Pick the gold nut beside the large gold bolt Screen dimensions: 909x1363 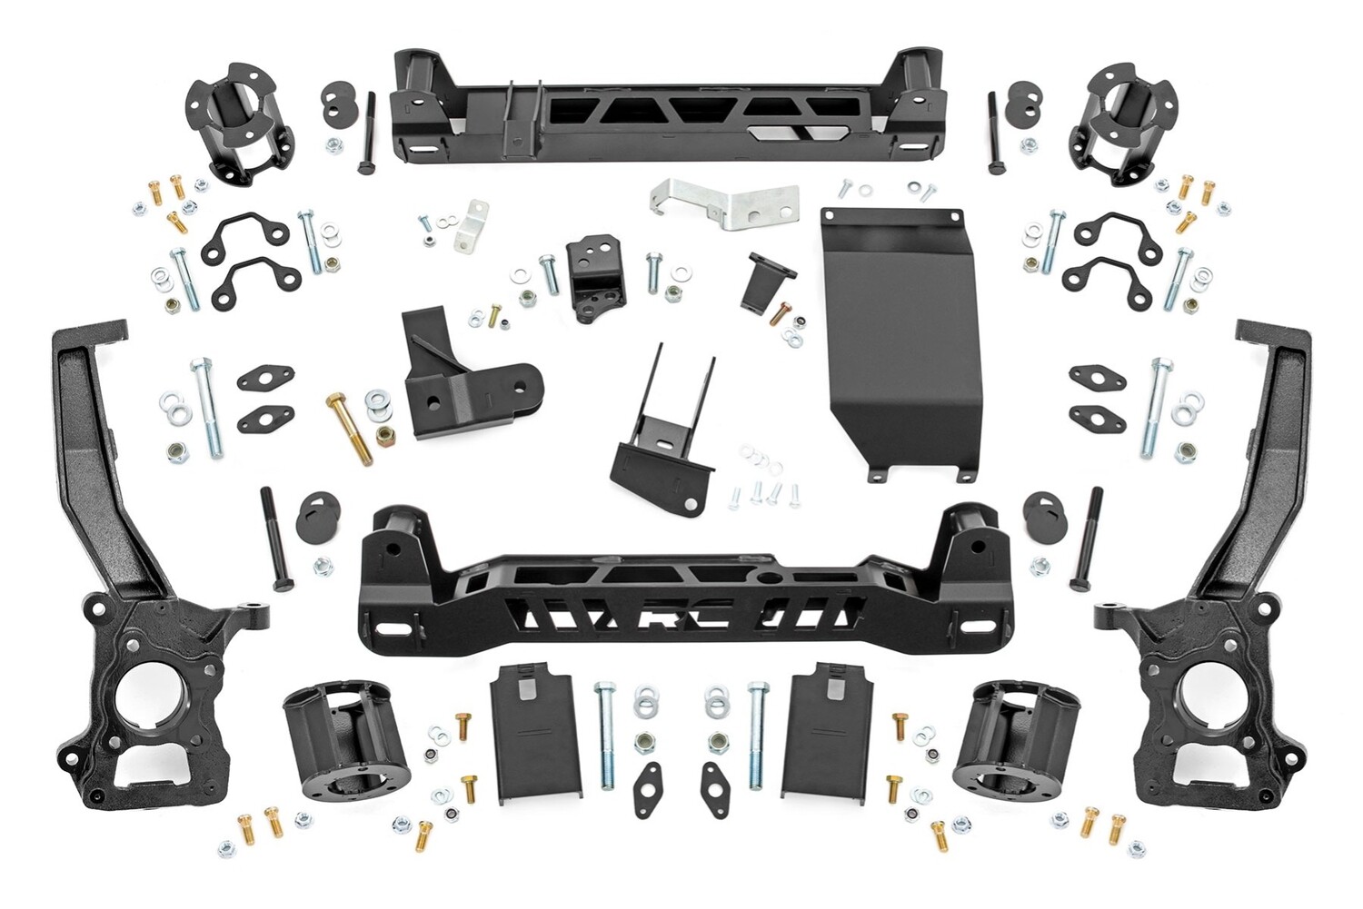(384, 434)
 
